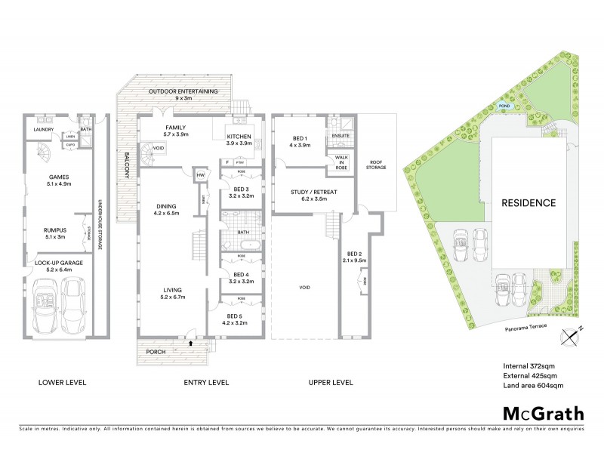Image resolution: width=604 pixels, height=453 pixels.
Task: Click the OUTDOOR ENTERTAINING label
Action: [x=183, y=91]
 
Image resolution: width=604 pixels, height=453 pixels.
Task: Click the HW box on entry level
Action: [x=200, y=175]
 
